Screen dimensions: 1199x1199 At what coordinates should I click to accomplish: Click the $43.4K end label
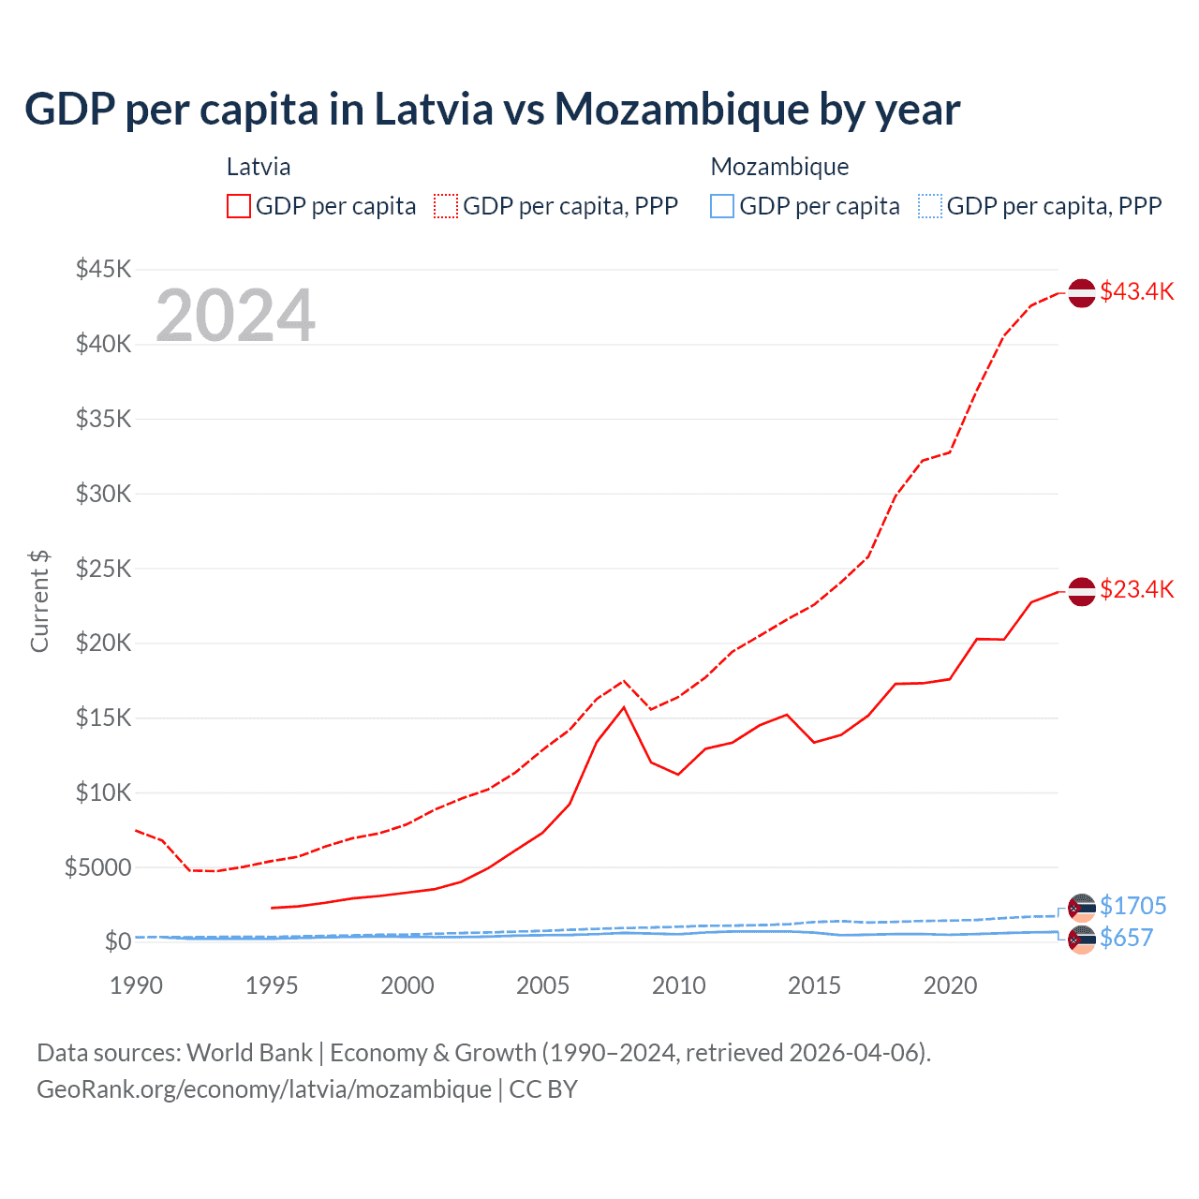[x=1136, y=291]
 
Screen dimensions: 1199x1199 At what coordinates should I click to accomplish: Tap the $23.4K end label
[x=1136, y=589]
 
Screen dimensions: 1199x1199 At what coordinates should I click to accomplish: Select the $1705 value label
[x=1132, y=906]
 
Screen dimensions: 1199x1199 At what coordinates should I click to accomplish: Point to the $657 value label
[x=1126, y=938]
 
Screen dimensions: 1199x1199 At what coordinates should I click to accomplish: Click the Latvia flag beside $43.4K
[x=1082, y=293]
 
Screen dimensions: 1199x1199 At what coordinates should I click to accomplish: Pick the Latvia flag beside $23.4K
[x=1082, y=591]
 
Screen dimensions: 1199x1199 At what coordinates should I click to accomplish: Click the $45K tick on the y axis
[x=104, y=270]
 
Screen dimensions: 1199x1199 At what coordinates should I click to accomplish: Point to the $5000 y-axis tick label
[x=98, y=867]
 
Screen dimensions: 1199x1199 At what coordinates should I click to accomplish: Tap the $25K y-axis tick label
[x=104, y=569]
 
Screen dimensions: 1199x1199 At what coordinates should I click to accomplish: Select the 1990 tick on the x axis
[x=137, y=985]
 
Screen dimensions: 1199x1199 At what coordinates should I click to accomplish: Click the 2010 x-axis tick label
[x=679, y=985]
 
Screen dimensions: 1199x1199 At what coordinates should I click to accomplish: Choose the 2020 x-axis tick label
[x=950, y=985]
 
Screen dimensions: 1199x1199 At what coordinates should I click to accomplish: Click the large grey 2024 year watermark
[x=235, y=316]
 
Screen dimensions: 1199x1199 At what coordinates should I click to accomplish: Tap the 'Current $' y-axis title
[x=39, y=600]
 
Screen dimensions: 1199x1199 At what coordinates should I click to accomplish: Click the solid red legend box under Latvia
[x=239, y=206]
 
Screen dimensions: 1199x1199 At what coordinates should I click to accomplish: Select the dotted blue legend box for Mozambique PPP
[x=930, y=206]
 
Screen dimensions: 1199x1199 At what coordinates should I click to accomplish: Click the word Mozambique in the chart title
[x=682, y=109]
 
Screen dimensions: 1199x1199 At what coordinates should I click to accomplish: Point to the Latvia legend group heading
[x=259, y=167]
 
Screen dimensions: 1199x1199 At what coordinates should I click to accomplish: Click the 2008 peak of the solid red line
[x=624, y=706]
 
